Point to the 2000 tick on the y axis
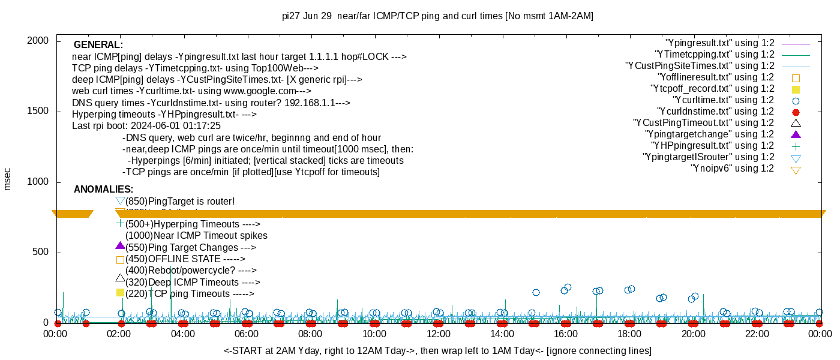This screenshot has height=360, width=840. (x=39, y=41)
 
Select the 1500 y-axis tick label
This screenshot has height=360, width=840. (x=39, y=112)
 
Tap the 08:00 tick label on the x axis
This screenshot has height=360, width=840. (x=310, y=334)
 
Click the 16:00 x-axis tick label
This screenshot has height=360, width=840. (x=565, y=334)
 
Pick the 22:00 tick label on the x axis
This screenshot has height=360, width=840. (x=757, y=334)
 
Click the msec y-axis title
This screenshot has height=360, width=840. (x=8, y=179)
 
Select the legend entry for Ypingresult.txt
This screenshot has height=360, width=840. (x=719, y=43)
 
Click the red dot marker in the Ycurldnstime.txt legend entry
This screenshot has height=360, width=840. (x=796, y=112)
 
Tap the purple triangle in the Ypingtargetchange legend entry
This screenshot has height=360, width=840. (x=796, y=134)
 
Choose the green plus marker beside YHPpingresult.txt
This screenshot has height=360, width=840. (x=796, y=146)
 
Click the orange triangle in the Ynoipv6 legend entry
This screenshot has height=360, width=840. (x=796, y=170)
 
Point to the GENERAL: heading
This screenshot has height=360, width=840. (x=98, y=45)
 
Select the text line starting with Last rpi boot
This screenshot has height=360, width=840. (x=146, y=126)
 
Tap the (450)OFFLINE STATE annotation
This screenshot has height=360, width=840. (x=185, y=259)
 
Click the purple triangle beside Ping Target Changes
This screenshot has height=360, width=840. (x=120, y=246)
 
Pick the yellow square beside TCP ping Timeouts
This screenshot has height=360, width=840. (x=120, y=293)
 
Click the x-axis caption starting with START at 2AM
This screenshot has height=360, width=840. (x=437, y=350)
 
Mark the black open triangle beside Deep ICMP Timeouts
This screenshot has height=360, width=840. (x=120, y=278)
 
